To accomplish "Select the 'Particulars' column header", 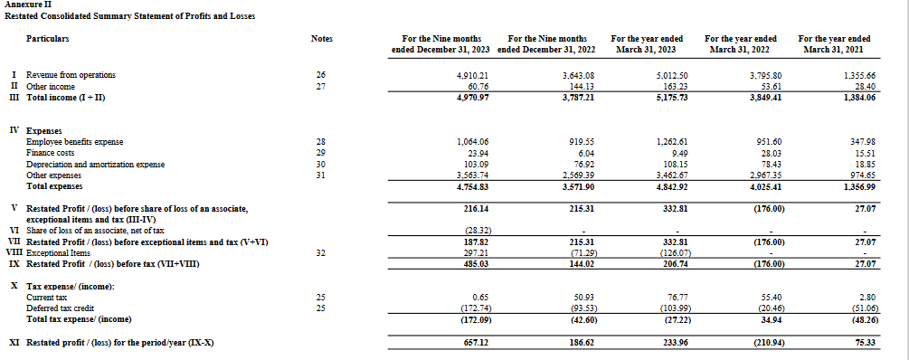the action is pos(48,39).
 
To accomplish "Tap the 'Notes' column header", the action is pos(321,39).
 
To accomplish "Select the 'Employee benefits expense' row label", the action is pos(75,142).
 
